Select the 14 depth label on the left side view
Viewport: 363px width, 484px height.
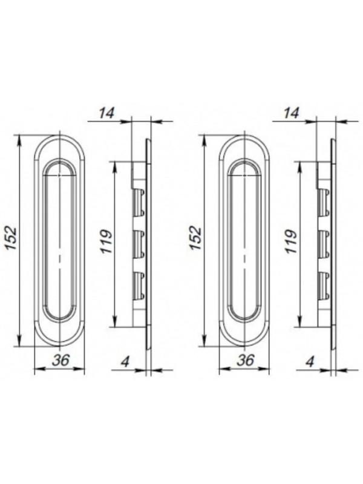(106, 112)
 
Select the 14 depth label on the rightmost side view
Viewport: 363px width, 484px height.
(291, 112)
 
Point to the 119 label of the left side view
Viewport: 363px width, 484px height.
(106, 242)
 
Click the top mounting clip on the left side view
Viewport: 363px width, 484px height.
(139, 201)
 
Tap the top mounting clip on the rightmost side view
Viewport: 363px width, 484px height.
(324, 201)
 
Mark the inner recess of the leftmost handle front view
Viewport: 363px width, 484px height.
(59, 242)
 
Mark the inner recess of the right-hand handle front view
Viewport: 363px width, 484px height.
(244, 242)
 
